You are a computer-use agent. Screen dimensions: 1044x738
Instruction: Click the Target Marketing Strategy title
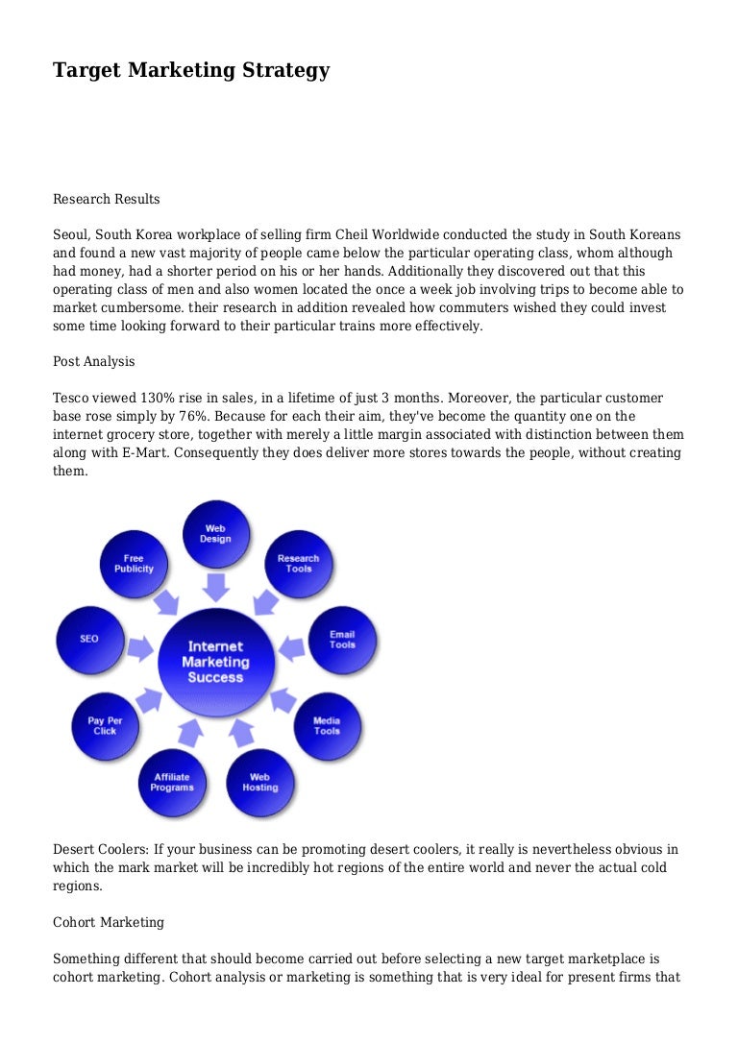pos(191,70)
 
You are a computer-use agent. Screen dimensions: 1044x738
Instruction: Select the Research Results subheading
pos(106,199)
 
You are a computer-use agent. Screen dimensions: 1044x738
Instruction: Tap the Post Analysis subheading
pos(93,361)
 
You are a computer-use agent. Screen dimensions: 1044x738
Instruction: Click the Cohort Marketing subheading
pos(108,922)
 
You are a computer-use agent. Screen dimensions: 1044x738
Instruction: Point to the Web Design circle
pos(215,534)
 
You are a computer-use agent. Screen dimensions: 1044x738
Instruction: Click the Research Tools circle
pos(298,564)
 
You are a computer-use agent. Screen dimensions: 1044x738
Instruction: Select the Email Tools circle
pos(342,640)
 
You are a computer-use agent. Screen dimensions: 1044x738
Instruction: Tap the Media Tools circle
pos(327,725)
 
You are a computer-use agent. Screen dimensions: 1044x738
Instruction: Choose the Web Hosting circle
pos(259,782)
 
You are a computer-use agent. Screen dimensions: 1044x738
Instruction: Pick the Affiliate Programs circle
pos(172,782)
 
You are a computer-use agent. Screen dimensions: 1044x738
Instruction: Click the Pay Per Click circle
pos(105,725)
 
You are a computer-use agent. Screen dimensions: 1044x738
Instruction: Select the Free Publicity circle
pos(134,564)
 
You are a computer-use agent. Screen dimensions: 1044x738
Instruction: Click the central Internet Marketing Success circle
pos(215,661)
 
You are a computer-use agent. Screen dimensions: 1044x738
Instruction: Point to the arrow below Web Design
pos(215,586)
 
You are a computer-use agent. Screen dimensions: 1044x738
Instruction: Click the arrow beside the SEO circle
pos(139,647)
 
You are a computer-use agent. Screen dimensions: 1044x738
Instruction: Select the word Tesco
pos(71,398)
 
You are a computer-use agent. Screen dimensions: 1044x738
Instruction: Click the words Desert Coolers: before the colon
pos(98,850)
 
